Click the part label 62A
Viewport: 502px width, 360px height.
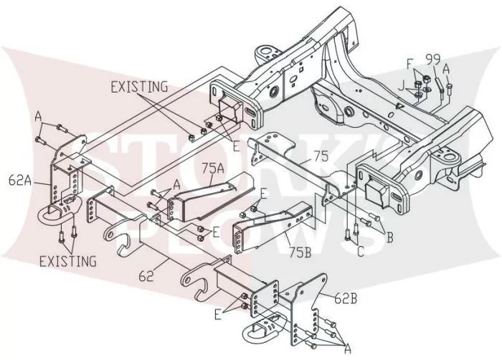tap(20, 181)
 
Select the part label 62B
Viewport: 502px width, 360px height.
tap(346, 299)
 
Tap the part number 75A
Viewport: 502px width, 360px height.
tap(213, 168)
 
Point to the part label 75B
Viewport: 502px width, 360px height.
tap(300, 252)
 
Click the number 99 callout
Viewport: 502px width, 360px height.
tap(433, 60)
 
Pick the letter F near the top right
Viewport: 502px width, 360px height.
tap(410, 64)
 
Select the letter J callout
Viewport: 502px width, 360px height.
tap(402, 86)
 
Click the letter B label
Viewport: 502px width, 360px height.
tap(389, 237)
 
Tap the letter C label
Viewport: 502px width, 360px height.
tap(361, 252)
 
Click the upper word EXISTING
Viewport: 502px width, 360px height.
tap(139, 87)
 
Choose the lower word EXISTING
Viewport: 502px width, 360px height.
tap(68, 261)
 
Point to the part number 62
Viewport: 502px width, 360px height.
tap(146, 276)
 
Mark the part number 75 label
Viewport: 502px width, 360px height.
tap(321, 156)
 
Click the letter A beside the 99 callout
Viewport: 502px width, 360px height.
tap(446, 69)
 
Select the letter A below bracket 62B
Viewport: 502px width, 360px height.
tap(347, 349)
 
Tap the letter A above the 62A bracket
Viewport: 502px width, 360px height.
tap(39, 116)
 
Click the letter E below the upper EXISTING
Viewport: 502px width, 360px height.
tap(236, 146)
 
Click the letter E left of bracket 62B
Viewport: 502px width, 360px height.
tap(218, 315)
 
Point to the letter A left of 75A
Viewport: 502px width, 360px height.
tap(176, 185)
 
